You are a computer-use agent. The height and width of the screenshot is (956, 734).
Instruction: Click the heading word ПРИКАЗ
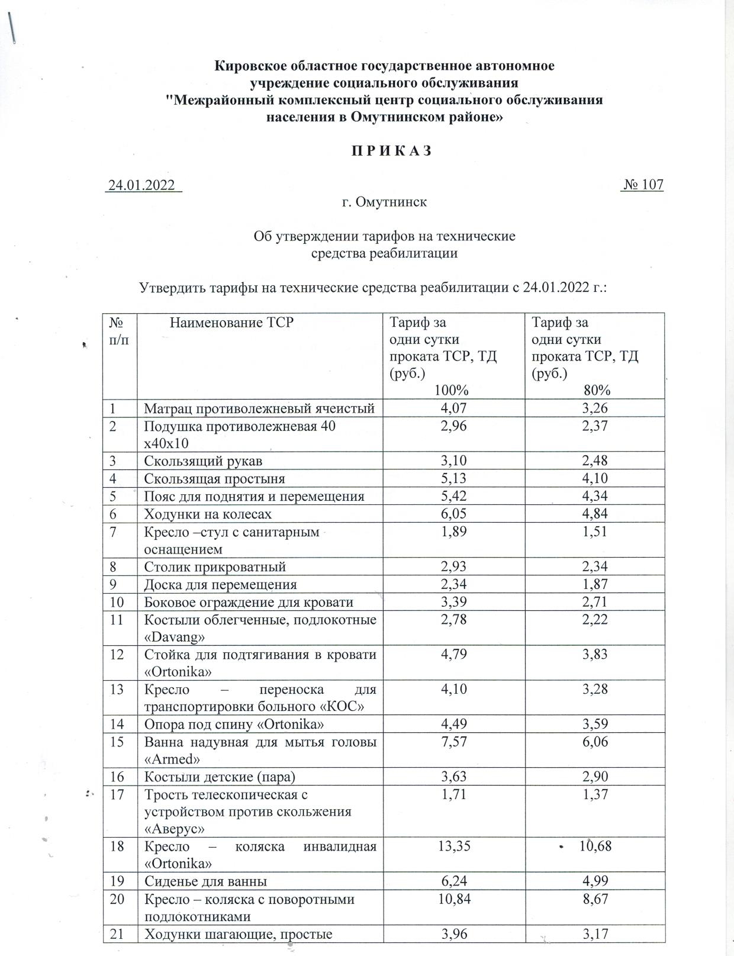(x=384, y=151)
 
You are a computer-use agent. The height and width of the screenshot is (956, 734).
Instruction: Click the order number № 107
(x=643, y=185)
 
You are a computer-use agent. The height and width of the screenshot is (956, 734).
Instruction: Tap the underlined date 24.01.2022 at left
(x=142, y=185)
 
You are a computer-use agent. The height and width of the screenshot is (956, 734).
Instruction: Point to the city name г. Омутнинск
(x=384, y=202)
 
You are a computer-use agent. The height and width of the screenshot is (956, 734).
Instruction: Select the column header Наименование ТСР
(x=231, y=323)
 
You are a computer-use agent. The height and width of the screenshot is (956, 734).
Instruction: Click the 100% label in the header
(x=452, y=390)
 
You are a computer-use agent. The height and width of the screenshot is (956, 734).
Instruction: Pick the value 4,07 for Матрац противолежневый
(x=454, y=408)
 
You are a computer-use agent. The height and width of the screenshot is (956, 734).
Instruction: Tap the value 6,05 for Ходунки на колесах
(x=454, y=514)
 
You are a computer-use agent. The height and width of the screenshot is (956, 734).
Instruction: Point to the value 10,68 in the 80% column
(x=595, y=845)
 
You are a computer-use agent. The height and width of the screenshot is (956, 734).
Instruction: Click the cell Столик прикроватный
(x=215, y=567)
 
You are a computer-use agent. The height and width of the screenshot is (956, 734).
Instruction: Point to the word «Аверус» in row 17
(x=174, y=829)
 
